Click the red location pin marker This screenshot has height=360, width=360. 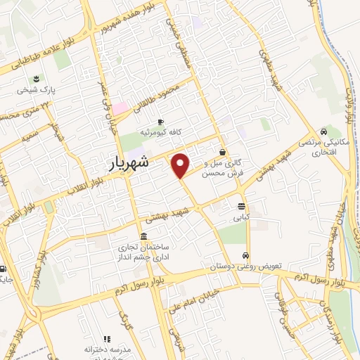click(x=181, y=164)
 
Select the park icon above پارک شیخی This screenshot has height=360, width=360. click(x=37, y=78)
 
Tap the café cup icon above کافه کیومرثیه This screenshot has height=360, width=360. click(x=161, y=120)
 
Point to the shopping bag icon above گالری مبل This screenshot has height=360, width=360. click(x=223, y=152)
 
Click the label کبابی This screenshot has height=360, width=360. click(x=242, y=218)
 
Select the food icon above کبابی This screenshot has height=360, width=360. click(x=242, y=207)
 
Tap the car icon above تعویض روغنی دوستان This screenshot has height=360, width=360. click(x=245, y=255)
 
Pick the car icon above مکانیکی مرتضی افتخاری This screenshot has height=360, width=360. click(x=323, y=131)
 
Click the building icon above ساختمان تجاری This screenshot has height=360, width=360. click(x=143, y=236)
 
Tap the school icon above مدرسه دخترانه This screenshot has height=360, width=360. click(x=107, y=338)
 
